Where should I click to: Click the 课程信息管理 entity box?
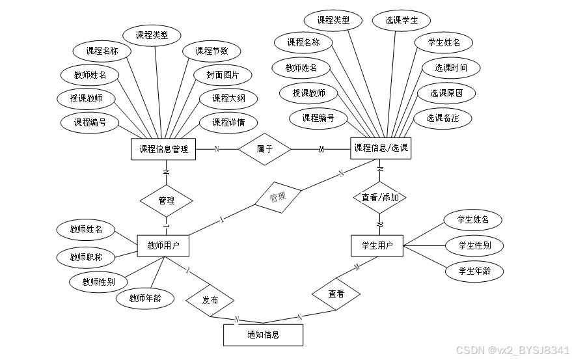[x=163, y=149]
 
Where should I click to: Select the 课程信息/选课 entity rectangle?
[x=381, y=148]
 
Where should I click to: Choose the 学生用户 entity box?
[x=377, y=245]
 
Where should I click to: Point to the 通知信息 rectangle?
[x=263, y=335]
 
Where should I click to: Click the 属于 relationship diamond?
[x=264, y=149]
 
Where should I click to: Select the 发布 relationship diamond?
[x=210, y=301]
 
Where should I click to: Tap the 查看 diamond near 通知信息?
[x=336, y=294]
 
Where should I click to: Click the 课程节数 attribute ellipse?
[x=211, y=51]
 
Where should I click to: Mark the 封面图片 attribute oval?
[x=223, y=75]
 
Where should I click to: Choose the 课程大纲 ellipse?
[x=228, y=99]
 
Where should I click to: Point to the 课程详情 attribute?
[x=228, y=122]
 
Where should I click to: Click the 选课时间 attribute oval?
[x=450, y=68]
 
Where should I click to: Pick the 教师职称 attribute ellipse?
[x=87, y=258]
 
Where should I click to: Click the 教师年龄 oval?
[x=145, y=299]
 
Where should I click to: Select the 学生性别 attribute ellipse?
[x=474, y=245]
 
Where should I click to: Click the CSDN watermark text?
[x=512, y=350]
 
